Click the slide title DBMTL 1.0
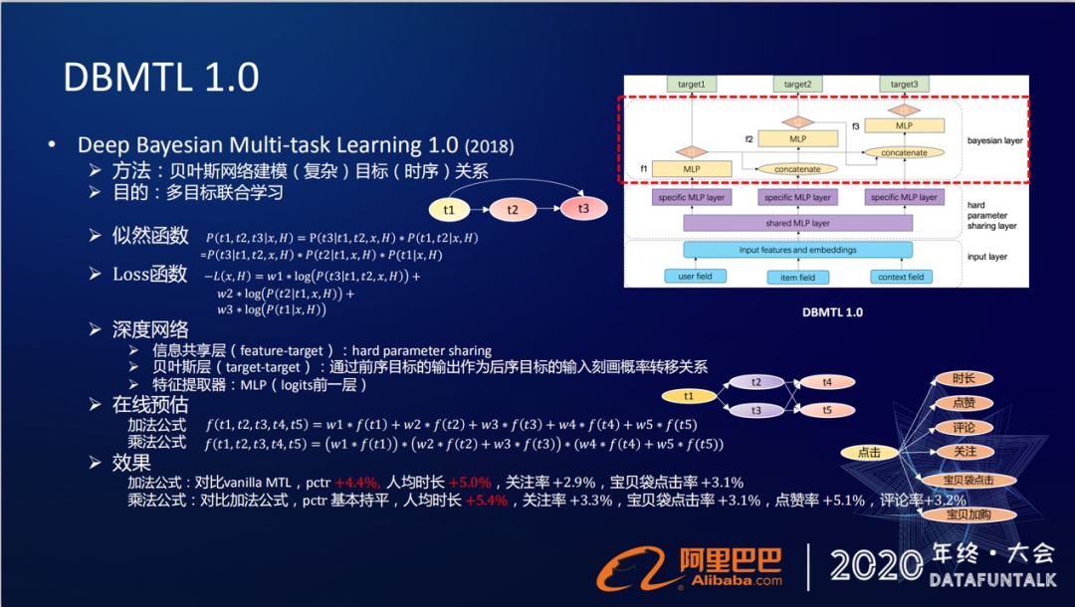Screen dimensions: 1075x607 [161, 77]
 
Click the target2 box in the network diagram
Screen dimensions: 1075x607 [797, 86]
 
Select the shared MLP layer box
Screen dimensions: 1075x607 [797, 223]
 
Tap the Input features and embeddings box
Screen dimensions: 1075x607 [797, 250]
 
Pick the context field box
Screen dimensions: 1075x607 [901, 276]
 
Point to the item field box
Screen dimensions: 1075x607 [797, 277]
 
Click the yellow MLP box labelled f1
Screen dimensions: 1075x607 [692, 169]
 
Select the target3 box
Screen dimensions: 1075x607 [904, 86]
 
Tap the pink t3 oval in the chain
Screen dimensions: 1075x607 [583, 209]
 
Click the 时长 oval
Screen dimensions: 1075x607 [964, 378]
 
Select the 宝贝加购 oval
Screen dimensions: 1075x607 [964, 514]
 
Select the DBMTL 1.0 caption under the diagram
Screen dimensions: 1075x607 [832, 311]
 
